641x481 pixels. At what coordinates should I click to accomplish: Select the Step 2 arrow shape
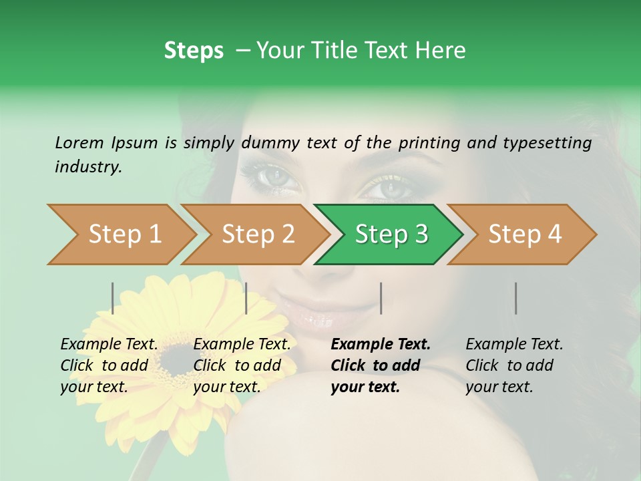(258, 234)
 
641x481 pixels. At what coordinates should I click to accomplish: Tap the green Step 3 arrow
(391, 234)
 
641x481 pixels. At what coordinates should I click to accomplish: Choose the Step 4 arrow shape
(525, 234)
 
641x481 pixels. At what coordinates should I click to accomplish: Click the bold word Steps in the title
(194, 50)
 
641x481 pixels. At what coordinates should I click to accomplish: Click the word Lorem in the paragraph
(79, 142)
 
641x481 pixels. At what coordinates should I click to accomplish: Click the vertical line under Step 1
(113, 298)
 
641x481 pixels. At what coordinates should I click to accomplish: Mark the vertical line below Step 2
(246, 298)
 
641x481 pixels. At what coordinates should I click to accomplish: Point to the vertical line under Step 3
(381, 298)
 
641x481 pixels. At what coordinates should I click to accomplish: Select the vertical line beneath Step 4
(515, 298)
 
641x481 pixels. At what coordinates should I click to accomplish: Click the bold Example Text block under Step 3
(381, 365)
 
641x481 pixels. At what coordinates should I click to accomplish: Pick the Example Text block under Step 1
(109, 365)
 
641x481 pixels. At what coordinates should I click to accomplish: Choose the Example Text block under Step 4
(514, 365)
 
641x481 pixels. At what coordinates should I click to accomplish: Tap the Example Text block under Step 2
(242, 365)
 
